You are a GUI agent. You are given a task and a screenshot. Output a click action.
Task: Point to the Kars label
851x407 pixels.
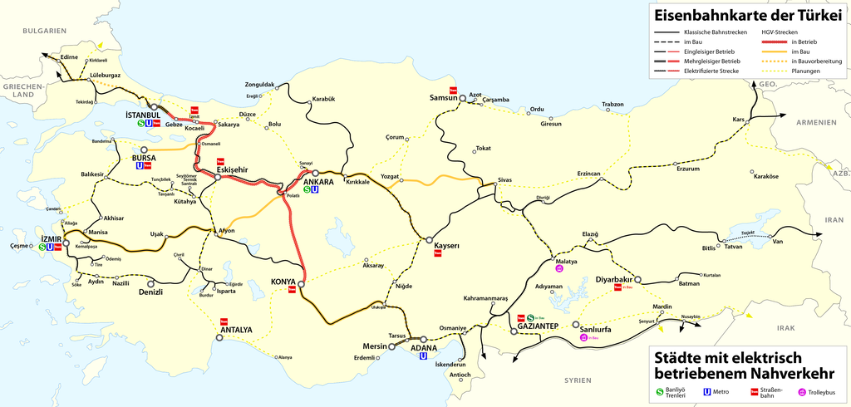[738, 119]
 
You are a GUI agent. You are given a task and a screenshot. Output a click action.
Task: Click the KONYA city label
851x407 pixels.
[283, 281]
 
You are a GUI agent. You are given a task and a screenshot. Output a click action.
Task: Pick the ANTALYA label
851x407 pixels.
[236, 330]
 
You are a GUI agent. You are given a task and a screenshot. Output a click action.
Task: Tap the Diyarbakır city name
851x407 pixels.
[615, 279]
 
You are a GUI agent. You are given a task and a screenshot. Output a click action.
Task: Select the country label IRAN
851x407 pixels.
[833, 220]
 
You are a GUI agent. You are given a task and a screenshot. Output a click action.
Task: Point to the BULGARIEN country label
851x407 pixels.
[44, 31]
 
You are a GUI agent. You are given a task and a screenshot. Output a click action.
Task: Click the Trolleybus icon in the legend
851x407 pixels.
[802, 391]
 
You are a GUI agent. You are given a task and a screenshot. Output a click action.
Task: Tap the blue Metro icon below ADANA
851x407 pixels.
[423, 356]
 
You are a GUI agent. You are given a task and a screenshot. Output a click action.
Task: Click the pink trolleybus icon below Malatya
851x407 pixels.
[560, 268]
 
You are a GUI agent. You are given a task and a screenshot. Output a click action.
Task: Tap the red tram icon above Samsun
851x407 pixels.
[454, 90]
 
